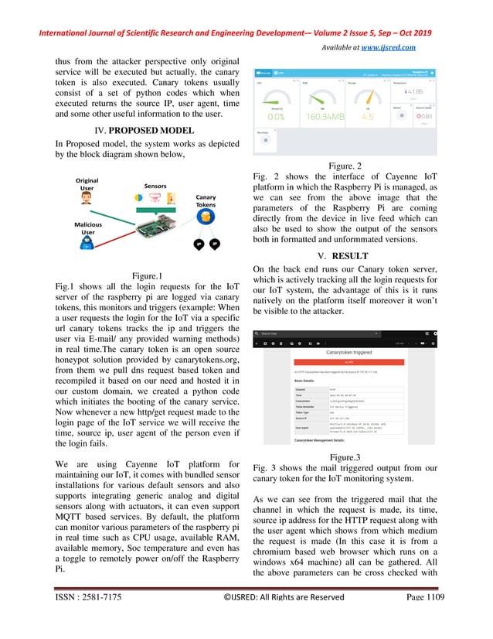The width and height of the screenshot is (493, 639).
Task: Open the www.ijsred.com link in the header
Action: [x=389, y=47]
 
